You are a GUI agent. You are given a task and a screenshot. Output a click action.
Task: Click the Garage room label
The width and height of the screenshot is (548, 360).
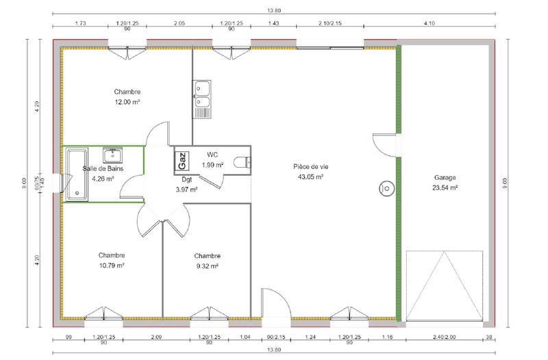tap(445, 177)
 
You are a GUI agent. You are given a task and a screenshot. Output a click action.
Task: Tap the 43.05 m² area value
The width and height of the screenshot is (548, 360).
tap(310, 177)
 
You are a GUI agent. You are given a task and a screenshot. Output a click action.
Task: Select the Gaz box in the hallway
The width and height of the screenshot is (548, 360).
tap(182, 161)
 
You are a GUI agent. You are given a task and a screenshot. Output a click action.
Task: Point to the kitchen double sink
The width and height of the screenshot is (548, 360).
tap(202, 97)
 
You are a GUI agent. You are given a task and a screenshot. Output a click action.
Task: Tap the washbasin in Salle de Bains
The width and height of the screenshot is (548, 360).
tap(112, 155)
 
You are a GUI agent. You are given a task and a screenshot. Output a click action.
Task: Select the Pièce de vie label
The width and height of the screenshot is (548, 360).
tap(310, 167)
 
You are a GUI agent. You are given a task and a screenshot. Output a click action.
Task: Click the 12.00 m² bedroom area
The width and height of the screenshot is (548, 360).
tap(127, 102)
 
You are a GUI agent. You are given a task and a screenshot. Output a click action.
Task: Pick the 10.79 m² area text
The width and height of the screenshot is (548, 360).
tap(111, 265)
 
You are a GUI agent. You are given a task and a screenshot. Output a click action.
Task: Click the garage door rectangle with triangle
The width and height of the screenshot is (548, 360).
tap(445, 285)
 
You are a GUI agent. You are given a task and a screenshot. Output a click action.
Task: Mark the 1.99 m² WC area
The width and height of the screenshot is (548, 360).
tap(212, 166)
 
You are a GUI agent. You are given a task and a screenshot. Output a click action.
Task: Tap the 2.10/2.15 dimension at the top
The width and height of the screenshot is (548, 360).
tap(330, 24)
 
